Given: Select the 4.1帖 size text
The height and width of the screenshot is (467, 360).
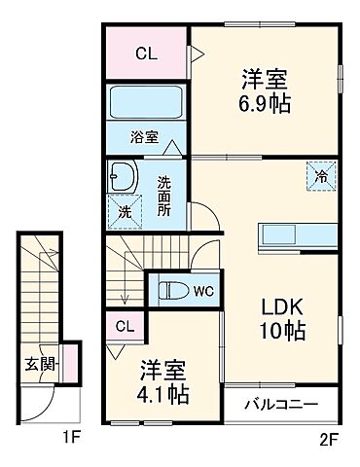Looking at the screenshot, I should click(x=163, y=396).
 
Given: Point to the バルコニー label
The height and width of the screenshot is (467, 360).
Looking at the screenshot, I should click(x=280, y=403).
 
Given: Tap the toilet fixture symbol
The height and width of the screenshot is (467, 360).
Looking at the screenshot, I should click(x=172, y=290).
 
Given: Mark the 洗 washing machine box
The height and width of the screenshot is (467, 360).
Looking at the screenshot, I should click(x=124, y=210).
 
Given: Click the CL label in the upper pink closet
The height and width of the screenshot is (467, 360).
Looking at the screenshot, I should click(x=146, y=54).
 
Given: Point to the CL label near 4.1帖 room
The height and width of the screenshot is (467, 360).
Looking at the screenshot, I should click(x=125, y=327).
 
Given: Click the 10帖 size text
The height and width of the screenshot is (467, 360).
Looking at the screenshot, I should click(x=283, y=331).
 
